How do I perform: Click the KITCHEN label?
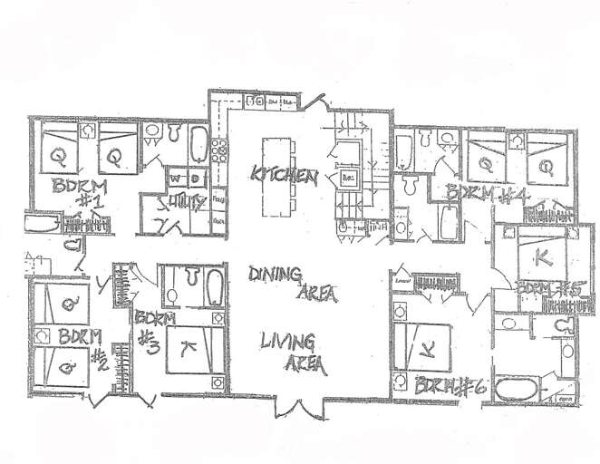[284, 175]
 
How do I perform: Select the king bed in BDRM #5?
[540, 256]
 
